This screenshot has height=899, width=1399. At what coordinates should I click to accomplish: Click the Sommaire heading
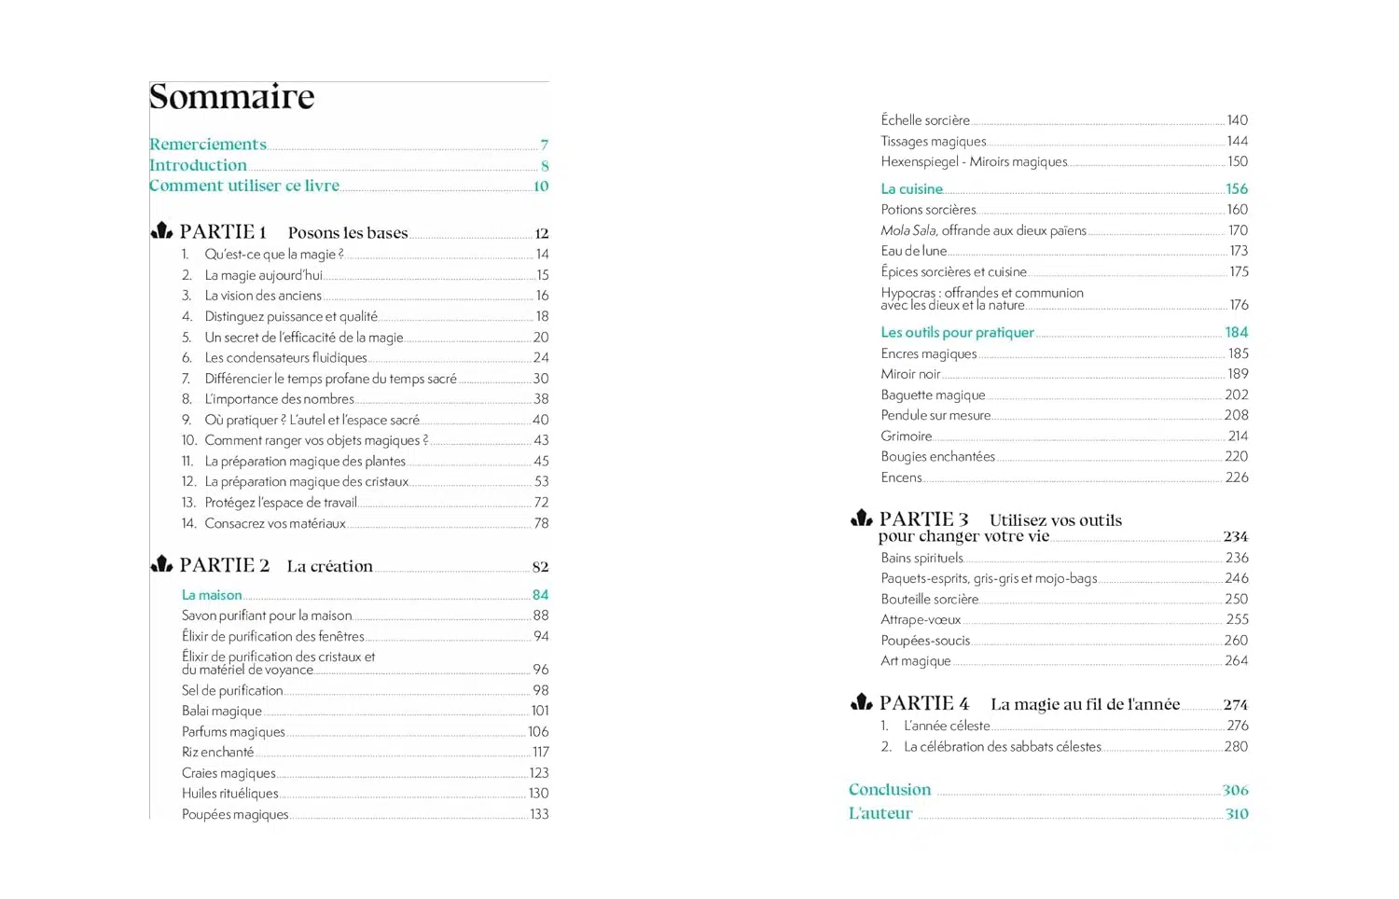click(232, 97)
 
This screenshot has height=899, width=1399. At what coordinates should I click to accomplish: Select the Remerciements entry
click(208, 145)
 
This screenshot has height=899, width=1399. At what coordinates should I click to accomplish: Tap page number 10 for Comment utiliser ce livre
click(541, 187)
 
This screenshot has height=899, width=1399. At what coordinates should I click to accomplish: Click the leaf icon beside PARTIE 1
click(162, 231)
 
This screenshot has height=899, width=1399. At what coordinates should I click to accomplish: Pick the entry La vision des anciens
click(263, 296)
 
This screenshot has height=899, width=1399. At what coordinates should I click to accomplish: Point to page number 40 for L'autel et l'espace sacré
click(540, 420)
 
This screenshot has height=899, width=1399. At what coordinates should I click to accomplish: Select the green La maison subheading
click(212, 595)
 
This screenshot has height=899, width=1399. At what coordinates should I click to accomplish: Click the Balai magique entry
click(222, 711)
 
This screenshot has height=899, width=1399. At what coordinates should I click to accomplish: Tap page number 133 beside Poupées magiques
click(539, 814)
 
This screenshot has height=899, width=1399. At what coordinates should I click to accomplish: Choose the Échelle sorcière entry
click(925, 120)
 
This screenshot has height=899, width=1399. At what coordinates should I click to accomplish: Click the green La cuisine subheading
click(911, 189)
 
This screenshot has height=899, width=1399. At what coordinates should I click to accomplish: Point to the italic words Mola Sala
click(908, 230)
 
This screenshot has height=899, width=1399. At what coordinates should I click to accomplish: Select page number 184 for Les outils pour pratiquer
click(1237, 333)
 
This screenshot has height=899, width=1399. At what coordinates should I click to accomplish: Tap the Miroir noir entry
click(910, 374)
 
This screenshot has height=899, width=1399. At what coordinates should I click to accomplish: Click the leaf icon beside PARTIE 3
click(862, 519)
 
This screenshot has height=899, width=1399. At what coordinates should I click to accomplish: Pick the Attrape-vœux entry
click(921, 619)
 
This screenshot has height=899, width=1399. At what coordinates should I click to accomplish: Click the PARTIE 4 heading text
click(923, 703)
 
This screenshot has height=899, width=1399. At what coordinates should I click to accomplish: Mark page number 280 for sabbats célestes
click(1236, 746)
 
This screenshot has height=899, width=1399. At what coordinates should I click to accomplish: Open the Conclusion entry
click(890, 790)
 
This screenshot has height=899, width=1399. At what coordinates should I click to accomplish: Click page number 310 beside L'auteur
click(1237, 814)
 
